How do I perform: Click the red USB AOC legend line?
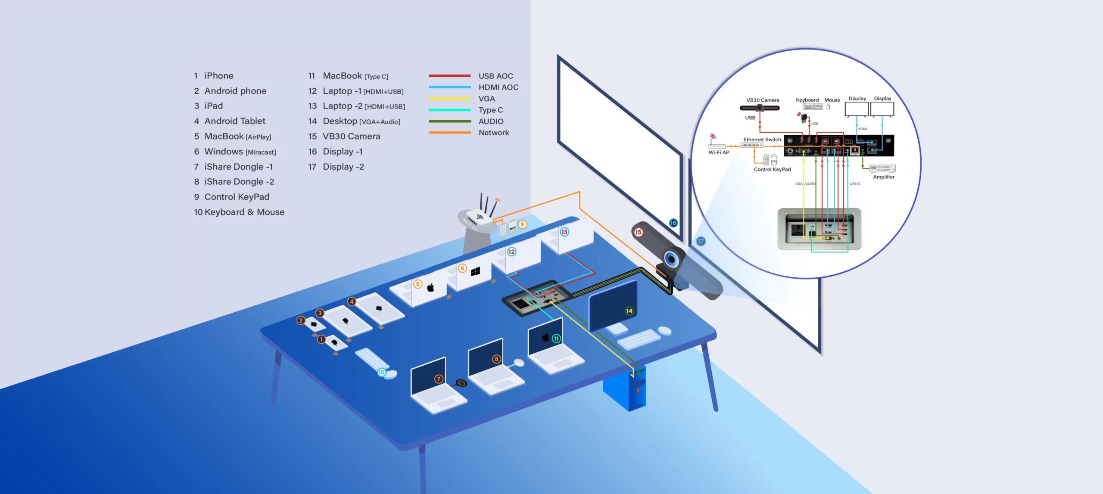click(x=449, y=76)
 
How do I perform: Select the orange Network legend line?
click(x=449, y=133)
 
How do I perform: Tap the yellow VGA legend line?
click(x=449, y=99)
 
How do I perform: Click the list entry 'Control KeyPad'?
click(x=237, y=197)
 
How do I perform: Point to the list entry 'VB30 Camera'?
click(x=351, y=137)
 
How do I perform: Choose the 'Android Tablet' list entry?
click(x=234, y=121)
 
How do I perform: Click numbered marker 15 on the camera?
click(x=638, y=232)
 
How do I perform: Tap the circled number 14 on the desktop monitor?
click(x=629, y=311)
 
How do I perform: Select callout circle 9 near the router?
click(x=522, y=224)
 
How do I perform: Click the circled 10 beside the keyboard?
click(x=381, y=372)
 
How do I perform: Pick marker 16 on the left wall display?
click(x=673, y=223)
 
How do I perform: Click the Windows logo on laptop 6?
click(x=475, y=271)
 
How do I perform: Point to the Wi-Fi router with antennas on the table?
click(x=478, y=215)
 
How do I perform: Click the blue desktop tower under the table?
click(x=625, y=390)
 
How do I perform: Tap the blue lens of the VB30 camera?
click(x=671, y=259)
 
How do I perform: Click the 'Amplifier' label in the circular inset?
click(x=884, y=177)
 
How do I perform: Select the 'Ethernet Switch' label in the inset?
click(x=762, y=140)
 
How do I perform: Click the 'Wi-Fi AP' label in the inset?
click(x=719, y=152)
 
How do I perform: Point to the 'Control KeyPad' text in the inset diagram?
click(x=772, y=170)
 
